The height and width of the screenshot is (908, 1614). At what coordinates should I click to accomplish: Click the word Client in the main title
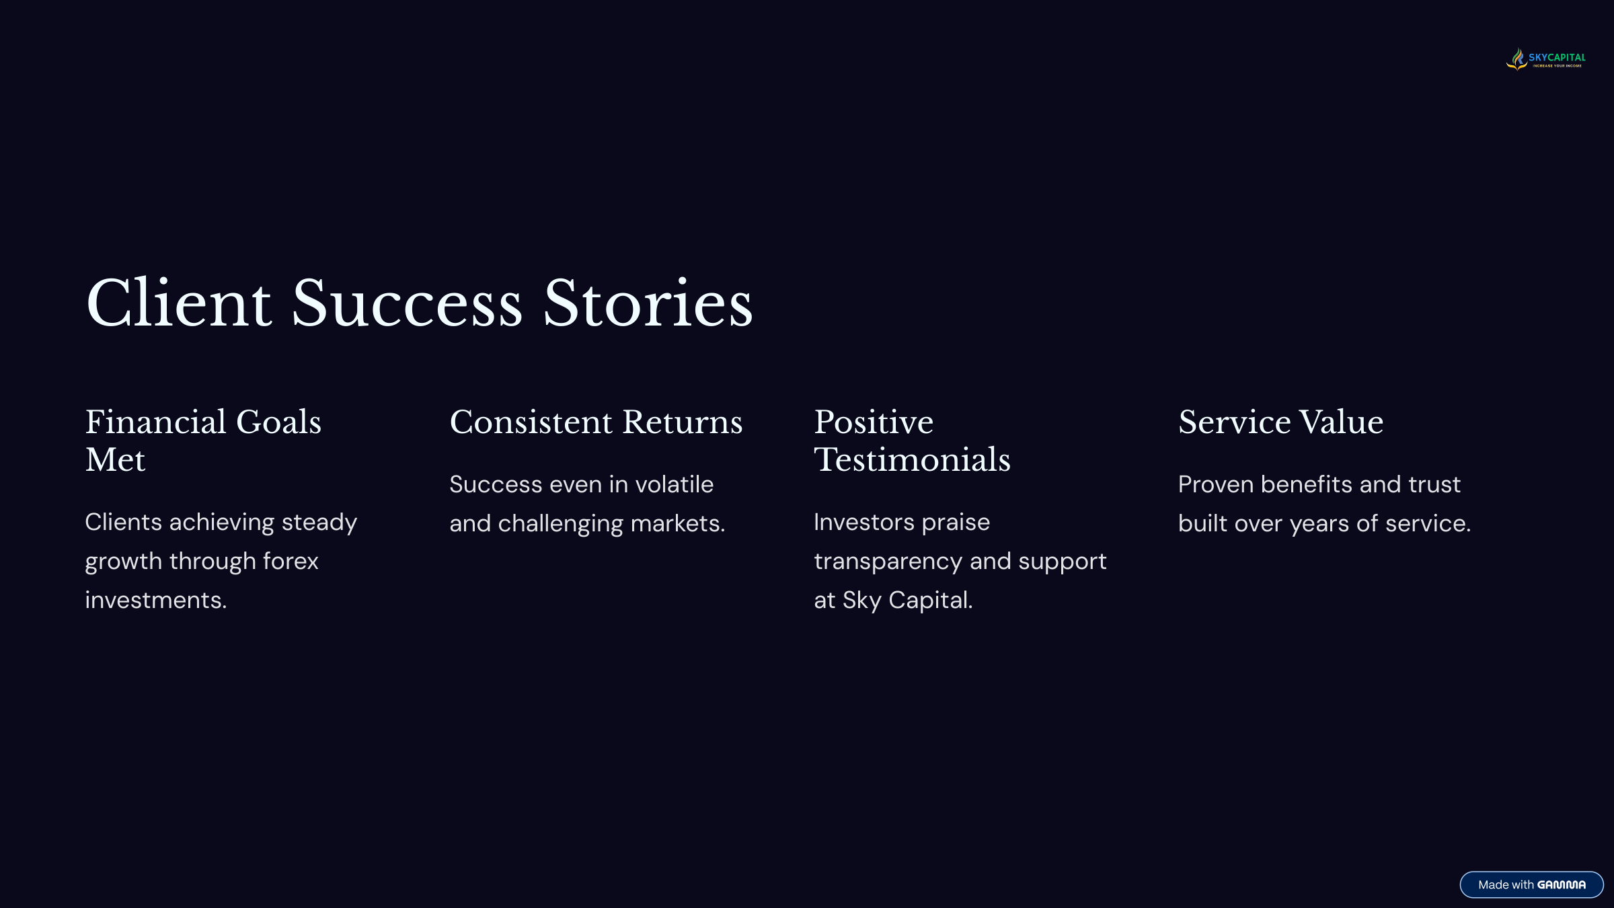pyautogui.click(x=179, y=303)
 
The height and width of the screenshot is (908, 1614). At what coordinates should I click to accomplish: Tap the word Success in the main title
pyautogui.click(x=408, y=304)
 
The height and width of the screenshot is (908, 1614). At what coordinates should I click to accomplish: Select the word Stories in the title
pyautogui.click(x=648, y=304)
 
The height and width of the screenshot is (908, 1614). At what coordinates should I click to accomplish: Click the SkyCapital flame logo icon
pyautogui.click(x=1517, y=59)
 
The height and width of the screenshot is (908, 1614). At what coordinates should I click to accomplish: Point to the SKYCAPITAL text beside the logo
pyautogui.click(x=1557, y=57)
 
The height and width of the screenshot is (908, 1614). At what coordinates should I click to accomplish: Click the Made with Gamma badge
pyautogui.click(x=1532, y=884)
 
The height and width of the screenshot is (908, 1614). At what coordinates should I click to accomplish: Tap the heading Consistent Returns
pyautogui.click(x=596, y=422)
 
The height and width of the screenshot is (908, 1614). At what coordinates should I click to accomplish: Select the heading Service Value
pyautogui.click(x=1281, y=422)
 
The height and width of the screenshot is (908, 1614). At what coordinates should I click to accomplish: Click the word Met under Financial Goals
pyautogui.click(x=115, y=460)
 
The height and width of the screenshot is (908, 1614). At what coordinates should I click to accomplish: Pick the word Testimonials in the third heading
pyautogui.click(x=913, y=460)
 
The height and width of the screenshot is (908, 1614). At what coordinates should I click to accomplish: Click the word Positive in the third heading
pyautogui.click(x=874, y=422)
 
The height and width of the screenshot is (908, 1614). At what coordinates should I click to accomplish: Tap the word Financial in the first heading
pyautogui.click(x=156, y=422)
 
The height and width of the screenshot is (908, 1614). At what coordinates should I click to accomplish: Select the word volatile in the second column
pyautogui.click(x=675, y=484)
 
